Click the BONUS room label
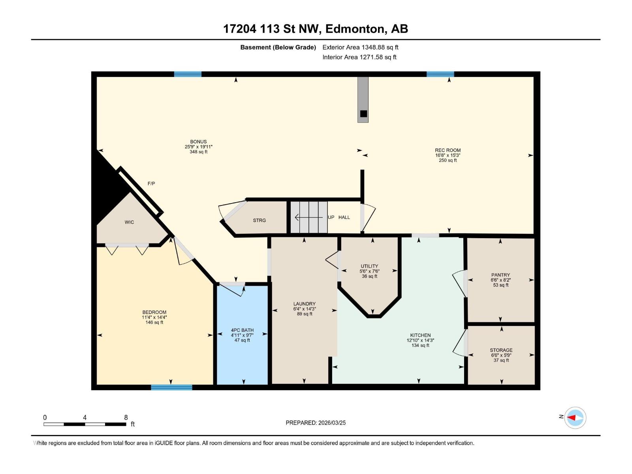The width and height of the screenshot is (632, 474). pos(198,142)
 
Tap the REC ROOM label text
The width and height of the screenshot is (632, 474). pos(448,150)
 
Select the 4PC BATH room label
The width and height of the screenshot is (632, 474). pos(242,330)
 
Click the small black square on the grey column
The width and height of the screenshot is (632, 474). pos(363,114)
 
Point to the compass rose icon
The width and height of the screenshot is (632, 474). pos(575,418)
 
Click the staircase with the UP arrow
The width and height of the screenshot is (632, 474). pos(309,217)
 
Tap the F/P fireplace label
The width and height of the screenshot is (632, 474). pos(151,184)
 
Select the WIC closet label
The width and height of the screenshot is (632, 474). pos(129,222)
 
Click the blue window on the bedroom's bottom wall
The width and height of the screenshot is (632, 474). pos(171,387)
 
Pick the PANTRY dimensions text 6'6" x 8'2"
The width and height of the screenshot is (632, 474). pos(500,280)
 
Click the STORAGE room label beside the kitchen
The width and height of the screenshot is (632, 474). pos(501,350)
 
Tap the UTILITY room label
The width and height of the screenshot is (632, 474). pos(369,266)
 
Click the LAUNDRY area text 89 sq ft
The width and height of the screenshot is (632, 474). pos(305,314)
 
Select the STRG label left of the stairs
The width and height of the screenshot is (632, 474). pos(260,220)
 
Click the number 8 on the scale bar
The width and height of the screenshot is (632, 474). pos(126,418)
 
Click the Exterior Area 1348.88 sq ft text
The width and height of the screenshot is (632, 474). pos(360,47)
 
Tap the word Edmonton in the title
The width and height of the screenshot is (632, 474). pos(355,29)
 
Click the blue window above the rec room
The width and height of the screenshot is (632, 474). pos(440,74)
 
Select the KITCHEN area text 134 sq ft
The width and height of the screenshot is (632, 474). pos(420,346)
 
